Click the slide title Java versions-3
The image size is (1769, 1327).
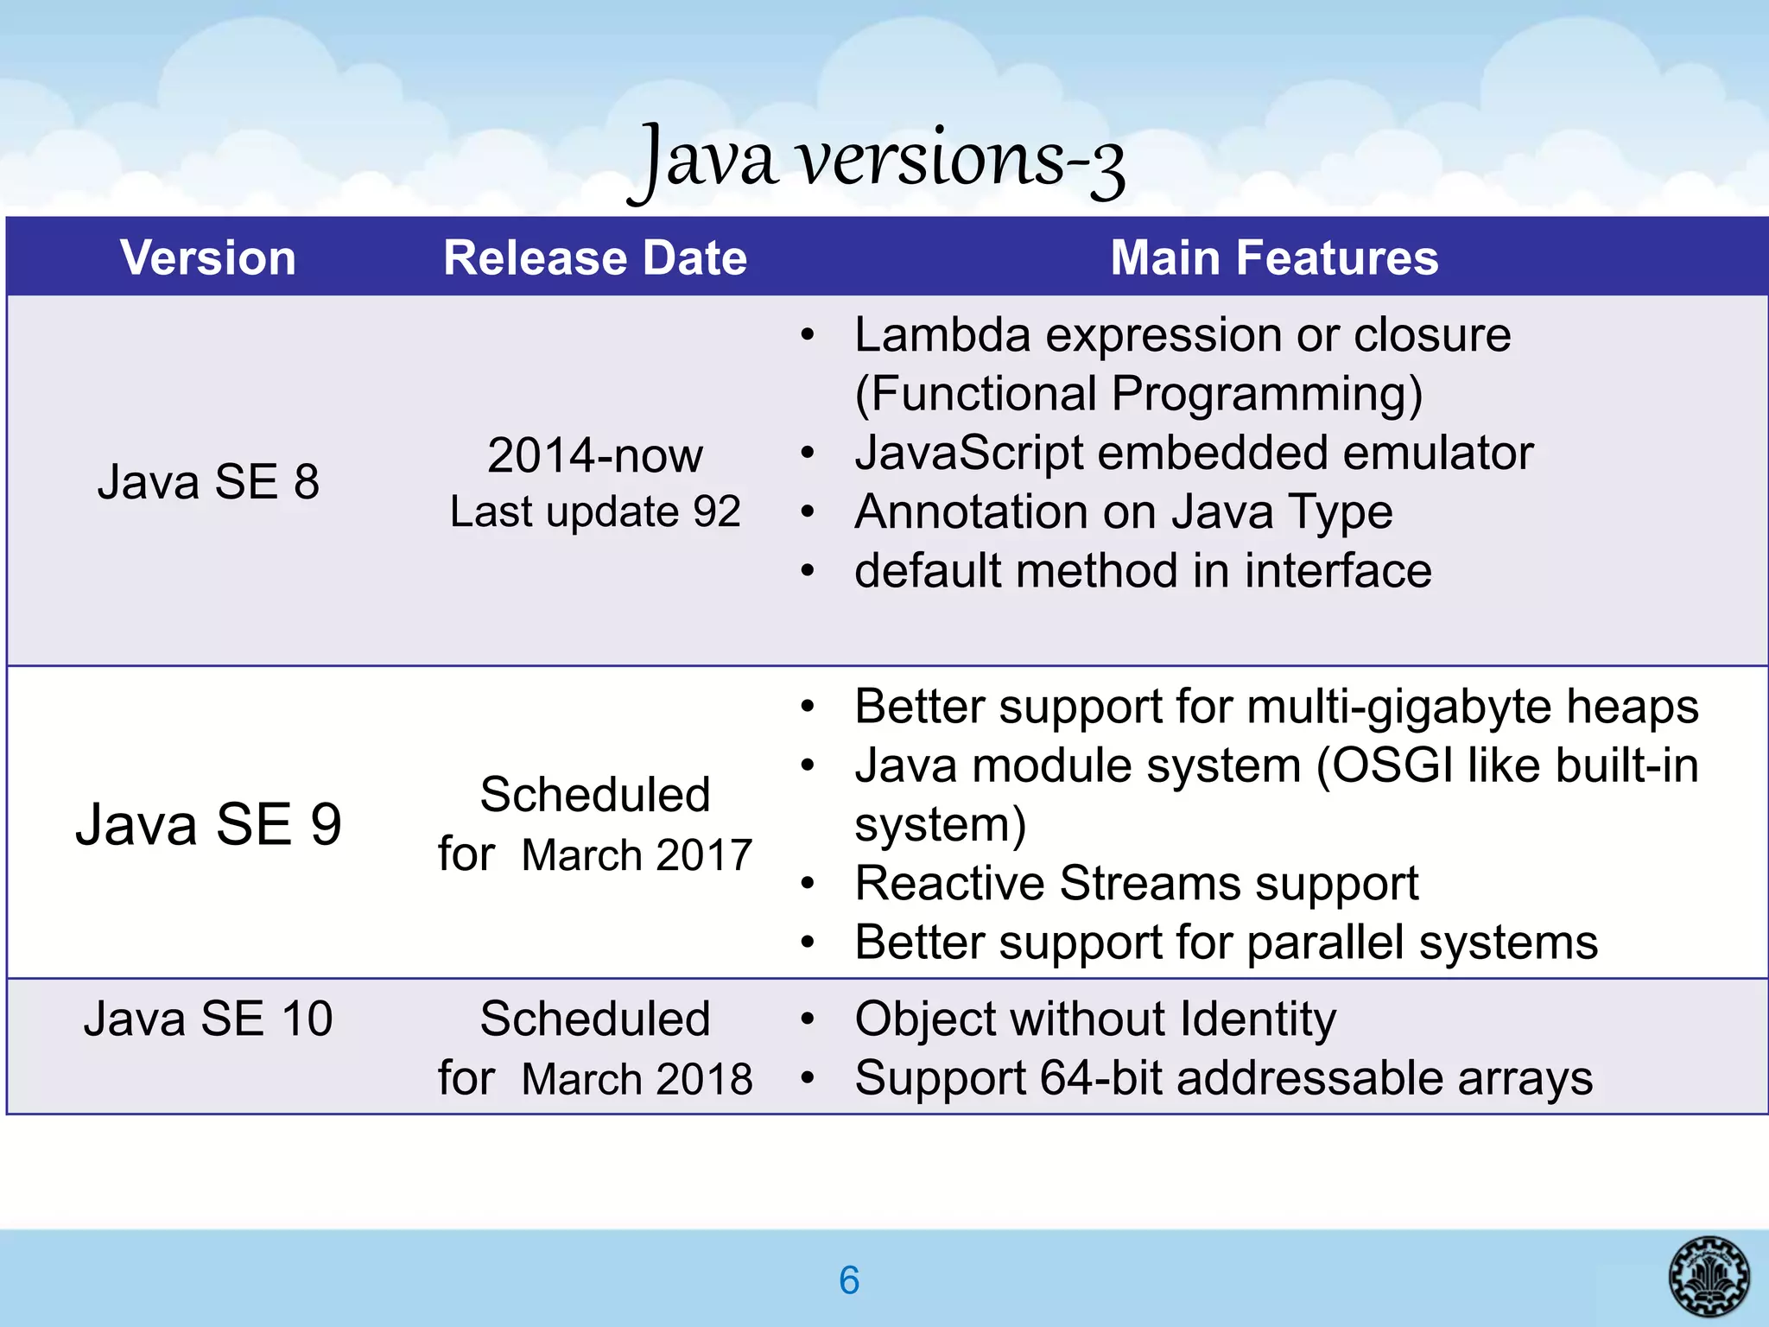tap(876, 161)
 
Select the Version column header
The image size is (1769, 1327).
tap(208, 257)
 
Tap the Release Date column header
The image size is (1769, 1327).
tap(594, 257)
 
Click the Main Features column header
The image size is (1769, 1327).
tap(1274, 257)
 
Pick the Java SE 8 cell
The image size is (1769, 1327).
tap(208, 481)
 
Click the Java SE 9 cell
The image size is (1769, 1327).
tap(208, 823)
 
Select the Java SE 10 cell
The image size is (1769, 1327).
tap(208, 1019)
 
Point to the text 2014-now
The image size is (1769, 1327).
tap(594, 455)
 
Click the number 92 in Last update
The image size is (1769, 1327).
tap(716, 511)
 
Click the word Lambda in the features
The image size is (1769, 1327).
tap(942, 334)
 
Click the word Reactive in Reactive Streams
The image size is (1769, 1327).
tap(949, 883)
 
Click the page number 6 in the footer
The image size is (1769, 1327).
tap(849, 1280)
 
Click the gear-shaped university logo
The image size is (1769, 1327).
tap(1709, 1276)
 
